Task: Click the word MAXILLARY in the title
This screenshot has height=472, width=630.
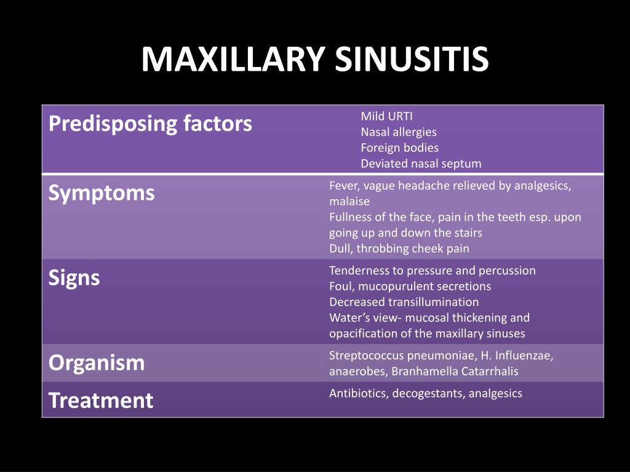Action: (233, 60)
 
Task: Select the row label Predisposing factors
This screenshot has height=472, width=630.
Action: (150, 124)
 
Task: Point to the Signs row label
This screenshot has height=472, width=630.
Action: (74, 278)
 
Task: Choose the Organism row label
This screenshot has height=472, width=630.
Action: (97, 363)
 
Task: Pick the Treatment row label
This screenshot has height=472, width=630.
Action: (101, 401)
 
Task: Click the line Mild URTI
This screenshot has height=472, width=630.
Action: (386, 116)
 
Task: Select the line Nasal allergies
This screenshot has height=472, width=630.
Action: (399, 132)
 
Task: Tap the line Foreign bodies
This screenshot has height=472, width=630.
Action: (399, 148)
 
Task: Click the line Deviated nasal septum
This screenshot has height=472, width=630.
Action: (421, 164)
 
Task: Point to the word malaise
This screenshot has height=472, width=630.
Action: (349, 202)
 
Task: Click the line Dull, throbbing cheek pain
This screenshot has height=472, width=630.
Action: (399, 249)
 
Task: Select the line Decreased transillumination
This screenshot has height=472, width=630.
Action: (404, 302)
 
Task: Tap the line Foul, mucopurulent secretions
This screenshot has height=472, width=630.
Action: (410, 286)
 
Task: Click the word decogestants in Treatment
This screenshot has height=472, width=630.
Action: (427, 394)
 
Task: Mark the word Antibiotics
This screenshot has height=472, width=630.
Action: (356, 394)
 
